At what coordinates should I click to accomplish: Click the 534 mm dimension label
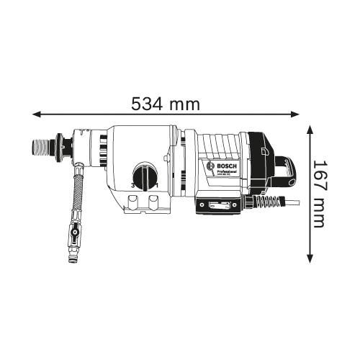point(165,104)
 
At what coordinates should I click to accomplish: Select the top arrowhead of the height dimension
point(310,128)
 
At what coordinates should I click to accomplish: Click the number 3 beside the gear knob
point(133,188)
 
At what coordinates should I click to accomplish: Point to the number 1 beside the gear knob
point(157,188)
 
